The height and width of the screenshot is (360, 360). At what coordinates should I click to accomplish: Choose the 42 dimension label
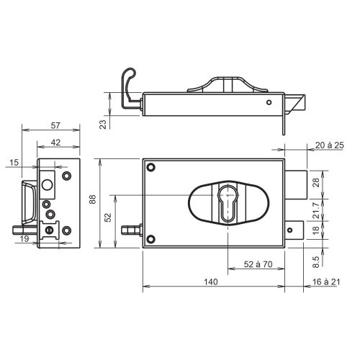[55, 143]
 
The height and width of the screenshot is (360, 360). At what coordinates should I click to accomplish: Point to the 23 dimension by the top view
[103, 124]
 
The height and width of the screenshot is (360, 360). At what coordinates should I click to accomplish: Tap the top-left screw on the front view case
[151, 168]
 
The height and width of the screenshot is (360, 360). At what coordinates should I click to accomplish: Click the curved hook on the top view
[128, 83]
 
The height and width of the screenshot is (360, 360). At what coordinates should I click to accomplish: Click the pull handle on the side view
[28, 202]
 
